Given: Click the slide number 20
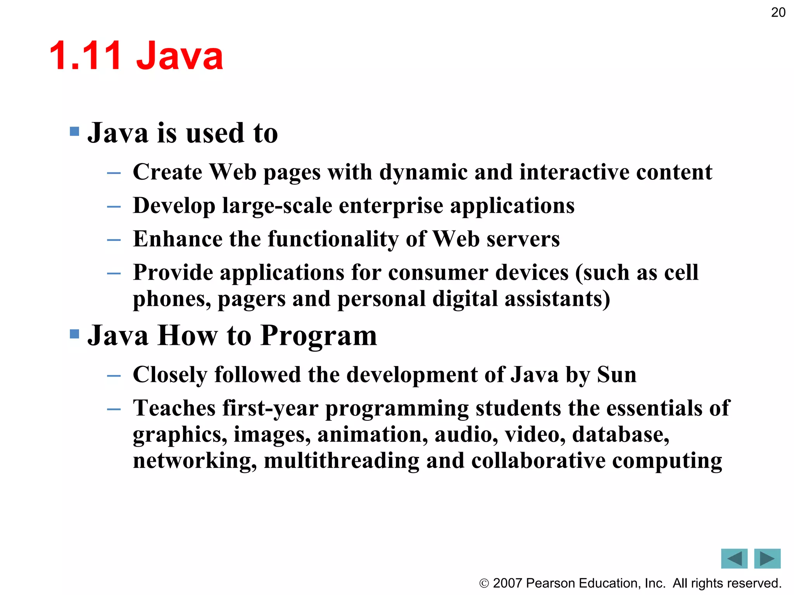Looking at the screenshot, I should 778,12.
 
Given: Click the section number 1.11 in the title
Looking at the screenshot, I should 86,56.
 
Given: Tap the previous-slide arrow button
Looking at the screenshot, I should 734,558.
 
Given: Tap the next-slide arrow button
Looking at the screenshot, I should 767,558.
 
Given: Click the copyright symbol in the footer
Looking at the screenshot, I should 484,583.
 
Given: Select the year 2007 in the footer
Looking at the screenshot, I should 507,583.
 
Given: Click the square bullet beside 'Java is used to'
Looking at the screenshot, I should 74,131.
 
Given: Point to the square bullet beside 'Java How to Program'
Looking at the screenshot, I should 74,334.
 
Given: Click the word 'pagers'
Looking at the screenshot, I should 251,299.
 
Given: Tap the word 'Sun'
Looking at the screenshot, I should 616,375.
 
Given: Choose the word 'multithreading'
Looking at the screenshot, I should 342,461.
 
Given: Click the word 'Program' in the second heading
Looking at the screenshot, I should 319,335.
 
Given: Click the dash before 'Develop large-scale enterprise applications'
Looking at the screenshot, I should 114,206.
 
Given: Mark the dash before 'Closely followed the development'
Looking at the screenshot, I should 114,376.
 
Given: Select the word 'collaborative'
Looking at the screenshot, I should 538,461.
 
